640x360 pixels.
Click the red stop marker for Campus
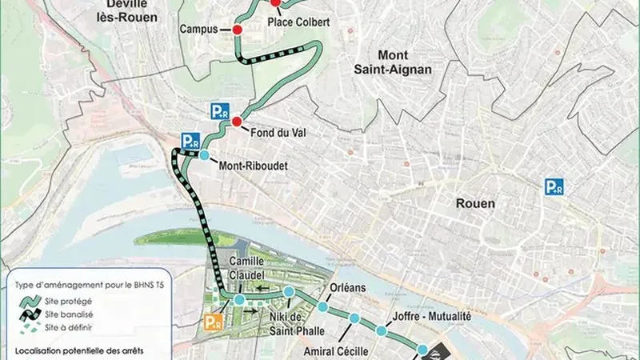tap(237, 30)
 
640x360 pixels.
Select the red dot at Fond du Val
tap(236, 122)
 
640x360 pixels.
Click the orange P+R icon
tap(213, 322)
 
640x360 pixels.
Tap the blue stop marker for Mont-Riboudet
tap(204, 155)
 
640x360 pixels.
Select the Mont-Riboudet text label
tap(252, 168)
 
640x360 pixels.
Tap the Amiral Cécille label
tap(337, 351)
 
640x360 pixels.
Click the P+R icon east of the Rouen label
tap(554, 187)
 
